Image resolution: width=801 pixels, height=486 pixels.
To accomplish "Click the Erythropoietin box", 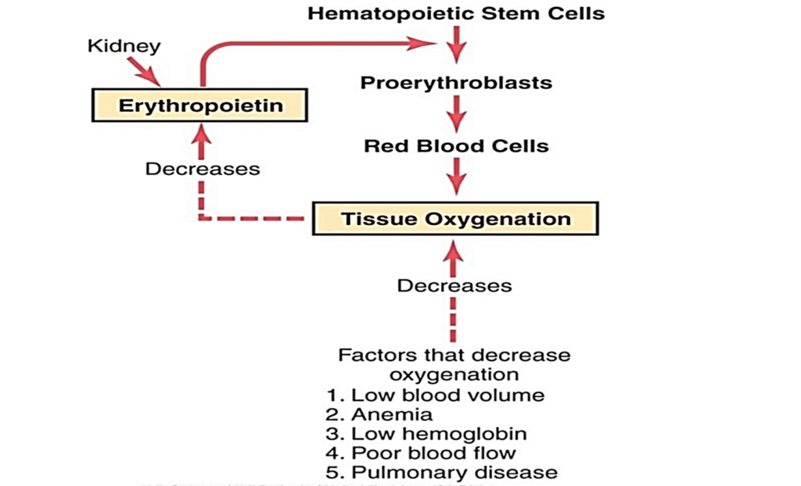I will [199, 105].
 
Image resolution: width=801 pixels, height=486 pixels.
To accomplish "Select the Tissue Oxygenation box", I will [455, 218].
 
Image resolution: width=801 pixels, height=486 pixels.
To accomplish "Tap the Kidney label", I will [124, 46].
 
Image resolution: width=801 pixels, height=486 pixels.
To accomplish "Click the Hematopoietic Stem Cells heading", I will [456, 13].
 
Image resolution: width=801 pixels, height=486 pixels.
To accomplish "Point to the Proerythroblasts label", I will [456, 83].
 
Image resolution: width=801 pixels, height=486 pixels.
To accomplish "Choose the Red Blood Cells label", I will [456, 146].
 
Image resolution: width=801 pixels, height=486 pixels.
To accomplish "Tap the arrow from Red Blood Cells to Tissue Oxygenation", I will [456, 177].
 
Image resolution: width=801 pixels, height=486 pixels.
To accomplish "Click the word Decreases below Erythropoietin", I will [203, 169].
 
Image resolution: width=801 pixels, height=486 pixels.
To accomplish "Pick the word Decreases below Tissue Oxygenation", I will [454, 285].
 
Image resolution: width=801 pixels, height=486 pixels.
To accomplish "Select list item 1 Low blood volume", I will [436, 395].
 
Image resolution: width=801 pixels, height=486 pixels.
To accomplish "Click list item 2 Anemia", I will [379, 414].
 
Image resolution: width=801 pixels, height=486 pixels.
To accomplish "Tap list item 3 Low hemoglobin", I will [426, 434].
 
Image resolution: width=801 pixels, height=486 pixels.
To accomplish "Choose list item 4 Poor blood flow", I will [421, 453].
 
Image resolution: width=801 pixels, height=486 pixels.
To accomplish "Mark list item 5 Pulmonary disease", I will [441, 473].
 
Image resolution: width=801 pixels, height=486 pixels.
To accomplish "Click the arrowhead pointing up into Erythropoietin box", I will [203, 136].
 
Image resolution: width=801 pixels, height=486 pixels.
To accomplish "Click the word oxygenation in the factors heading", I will [454, 374].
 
